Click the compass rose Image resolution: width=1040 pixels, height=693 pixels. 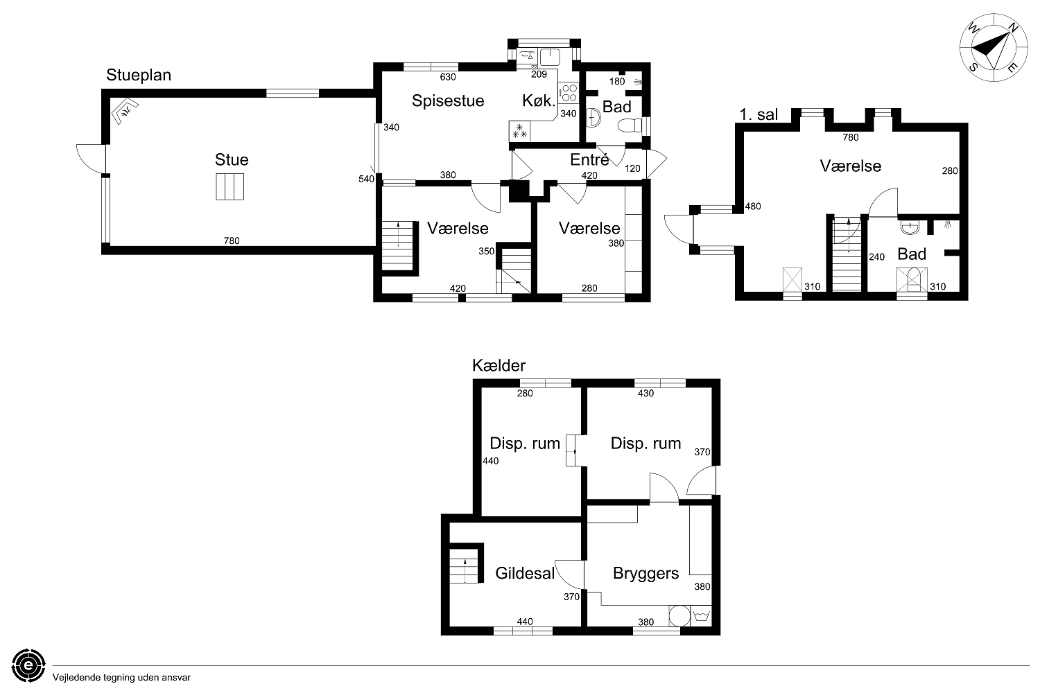pos(994,48)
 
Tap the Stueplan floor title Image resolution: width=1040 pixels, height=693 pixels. pos(139,76)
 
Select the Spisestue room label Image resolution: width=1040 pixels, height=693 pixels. pos(448,100)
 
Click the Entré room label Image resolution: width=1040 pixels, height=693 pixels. pos(589,159)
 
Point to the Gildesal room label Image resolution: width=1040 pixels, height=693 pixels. pos(525,573)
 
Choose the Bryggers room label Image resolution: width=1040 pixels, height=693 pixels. pos(645,574)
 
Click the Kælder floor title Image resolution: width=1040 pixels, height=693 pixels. pos(499,366)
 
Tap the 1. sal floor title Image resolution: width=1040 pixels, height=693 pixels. pos(759,114)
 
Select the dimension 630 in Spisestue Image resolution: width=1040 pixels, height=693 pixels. pos(448,77)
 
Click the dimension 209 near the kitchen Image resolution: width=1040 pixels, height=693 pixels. pos(539,74)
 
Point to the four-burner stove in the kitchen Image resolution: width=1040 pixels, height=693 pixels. pos(569,93)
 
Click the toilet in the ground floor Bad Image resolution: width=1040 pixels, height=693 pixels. pos(630,125)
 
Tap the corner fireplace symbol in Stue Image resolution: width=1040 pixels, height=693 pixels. pos(124,111)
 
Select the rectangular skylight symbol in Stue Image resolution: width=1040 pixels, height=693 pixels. pos(229,186)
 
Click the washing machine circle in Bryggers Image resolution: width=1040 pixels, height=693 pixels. pos(679,616)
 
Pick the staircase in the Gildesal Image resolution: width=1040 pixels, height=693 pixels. pos(465,565)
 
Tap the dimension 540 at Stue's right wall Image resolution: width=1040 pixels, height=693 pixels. pos(366,179)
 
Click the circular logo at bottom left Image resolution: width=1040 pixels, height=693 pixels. pos(28,666)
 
